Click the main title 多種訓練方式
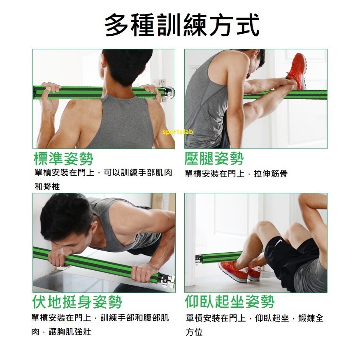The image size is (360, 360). click(x=182, y=25)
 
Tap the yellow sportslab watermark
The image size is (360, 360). click(x=177, y=132)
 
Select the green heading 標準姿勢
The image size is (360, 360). click(x=63, y=159)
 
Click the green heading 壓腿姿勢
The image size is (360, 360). click(x=214, y=158)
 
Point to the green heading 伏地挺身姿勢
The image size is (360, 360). click(x=77, y=302)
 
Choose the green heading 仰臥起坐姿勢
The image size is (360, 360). click(x=230, y=301)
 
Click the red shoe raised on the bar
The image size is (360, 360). click(x=297, y=70)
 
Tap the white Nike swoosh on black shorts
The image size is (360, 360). click(x=278, y=242)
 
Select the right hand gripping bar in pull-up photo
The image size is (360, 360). click(x=152, y=92)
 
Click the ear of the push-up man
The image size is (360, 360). click(x=94, y=227)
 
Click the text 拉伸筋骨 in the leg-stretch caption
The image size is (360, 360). click(x=270, y=174)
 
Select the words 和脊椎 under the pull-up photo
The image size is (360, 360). click(x=47, y=186)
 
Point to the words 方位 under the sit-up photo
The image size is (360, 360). click(x=194, y=332)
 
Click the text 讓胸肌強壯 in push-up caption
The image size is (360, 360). click(x=70, y=332)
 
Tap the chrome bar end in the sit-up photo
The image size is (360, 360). click(x=199, y=258)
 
